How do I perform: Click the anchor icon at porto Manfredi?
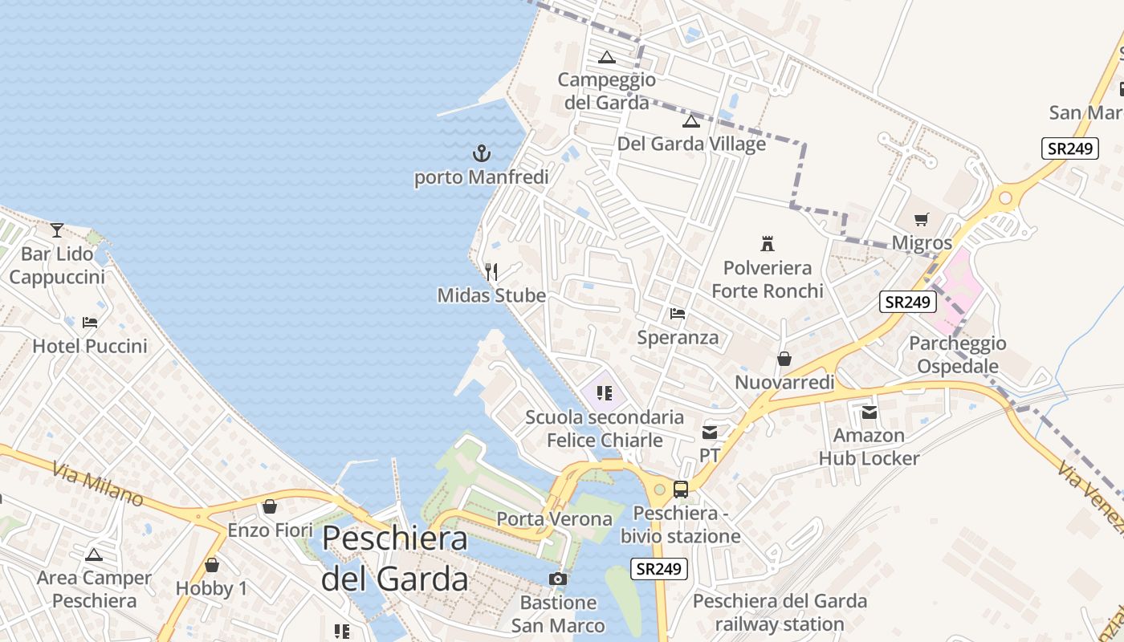click(x=481, y=152)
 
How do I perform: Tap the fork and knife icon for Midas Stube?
click(x=491, y=272)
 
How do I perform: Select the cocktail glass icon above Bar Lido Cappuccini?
click(x=56, y=230)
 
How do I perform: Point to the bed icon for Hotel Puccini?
click(x=90, y=323)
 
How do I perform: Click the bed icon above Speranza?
click(x=678, y=314)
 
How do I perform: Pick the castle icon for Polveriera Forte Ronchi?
click(x=768, y=243)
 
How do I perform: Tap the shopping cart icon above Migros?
click(x=921, y=219)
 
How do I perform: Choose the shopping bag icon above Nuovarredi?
click(x=784, y=359)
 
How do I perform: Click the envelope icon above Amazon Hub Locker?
click(x=869, y=412)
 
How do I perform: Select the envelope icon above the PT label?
click(x=710, y=433)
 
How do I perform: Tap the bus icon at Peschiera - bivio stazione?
click(x=680, y=489)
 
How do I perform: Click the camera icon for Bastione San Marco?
click(x=558, y=579)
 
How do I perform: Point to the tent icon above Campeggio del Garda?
click(x=607, y=57)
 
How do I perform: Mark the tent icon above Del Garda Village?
click(x=691, y=121)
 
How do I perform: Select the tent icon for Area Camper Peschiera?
click(x=94, y=555)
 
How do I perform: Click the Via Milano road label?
click(x=99, y=484)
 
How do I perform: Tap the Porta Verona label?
click(x=554, y=519)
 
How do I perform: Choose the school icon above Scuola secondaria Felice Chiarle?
click(x=605, y=393)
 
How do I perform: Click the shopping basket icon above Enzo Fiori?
click(x=270, y=507)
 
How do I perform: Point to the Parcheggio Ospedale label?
click(x=958, y=355)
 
